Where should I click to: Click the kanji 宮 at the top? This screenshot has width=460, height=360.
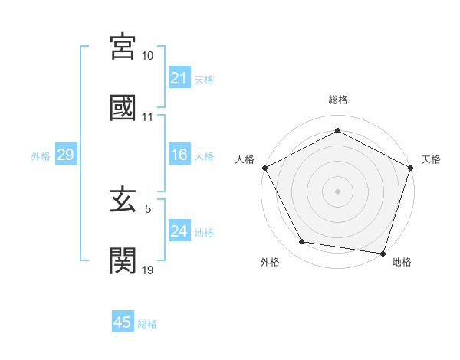pos(123,47)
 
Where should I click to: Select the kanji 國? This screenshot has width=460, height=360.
pos(123,107)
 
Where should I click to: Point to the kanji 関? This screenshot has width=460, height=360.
pos(123,260)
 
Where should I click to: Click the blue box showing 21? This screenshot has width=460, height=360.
pos(179,78)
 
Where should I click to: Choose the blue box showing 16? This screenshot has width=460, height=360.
pos(179,155)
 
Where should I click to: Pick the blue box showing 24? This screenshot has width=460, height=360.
pos(179,232)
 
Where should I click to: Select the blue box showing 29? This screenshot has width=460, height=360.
pos(65,155)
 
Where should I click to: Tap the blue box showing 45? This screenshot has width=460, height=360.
pos(123,322)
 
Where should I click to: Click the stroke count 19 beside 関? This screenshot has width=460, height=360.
pos(148,270)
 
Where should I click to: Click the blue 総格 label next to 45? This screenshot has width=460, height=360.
pos(147,324)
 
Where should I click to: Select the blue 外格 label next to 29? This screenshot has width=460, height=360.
pos(41,156)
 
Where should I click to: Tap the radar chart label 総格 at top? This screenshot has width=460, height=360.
pos(337,100)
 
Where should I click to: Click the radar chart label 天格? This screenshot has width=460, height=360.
pos(431,159)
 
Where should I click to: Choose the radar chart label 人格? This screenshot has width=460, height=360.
pos(245,159)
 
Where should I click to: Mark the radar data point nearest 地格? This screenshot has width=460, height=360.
pos(383,253)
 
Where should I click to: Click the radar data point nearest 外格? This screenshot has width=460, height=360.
pos(302,243)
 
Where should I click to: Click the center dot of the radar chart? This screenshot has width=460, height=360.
pos(337,191)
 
